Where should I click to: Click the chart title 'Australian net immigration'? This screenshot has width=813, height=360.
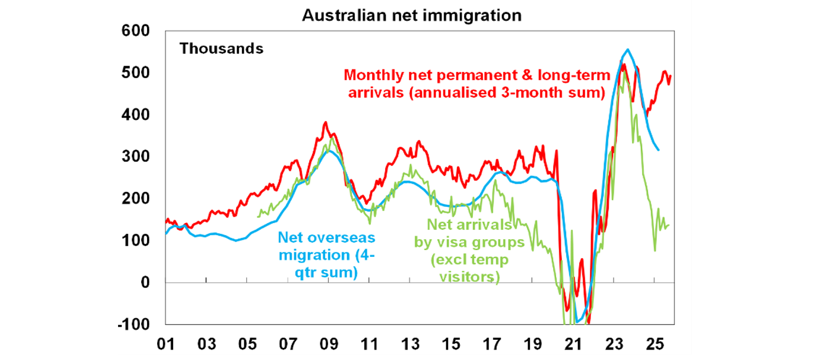pyautogui.click(x=411, y=15)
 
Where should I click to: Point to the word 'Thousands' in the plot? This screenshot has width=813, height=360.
pyautogui.click(x=221, y=49)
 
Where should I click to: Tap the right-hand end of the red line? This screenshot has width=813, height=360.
pyautogui.click(x=671, y=76)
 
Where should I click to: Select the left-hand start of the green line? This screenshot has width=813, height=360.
pyautogui.click(x=258, y=216)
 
